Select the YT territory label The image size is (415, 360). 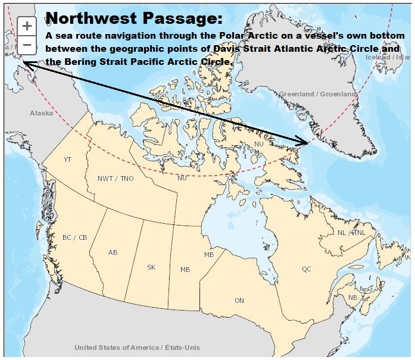67,159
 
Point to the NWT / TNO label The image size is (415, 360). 116,179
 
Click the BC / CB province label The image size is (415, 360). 74,237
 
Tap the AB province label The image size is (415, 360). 113,252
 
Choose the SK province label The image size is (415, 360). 151,267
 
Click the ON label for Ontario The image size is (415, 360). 239,300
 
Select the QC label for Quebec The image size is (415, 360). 306,269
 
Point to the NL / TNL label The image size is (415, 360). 351,233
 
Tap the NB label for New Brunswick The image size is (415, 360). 353,297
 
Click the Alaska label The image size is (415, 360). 41,113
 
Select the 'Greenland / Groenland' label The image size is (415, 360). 317,94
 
